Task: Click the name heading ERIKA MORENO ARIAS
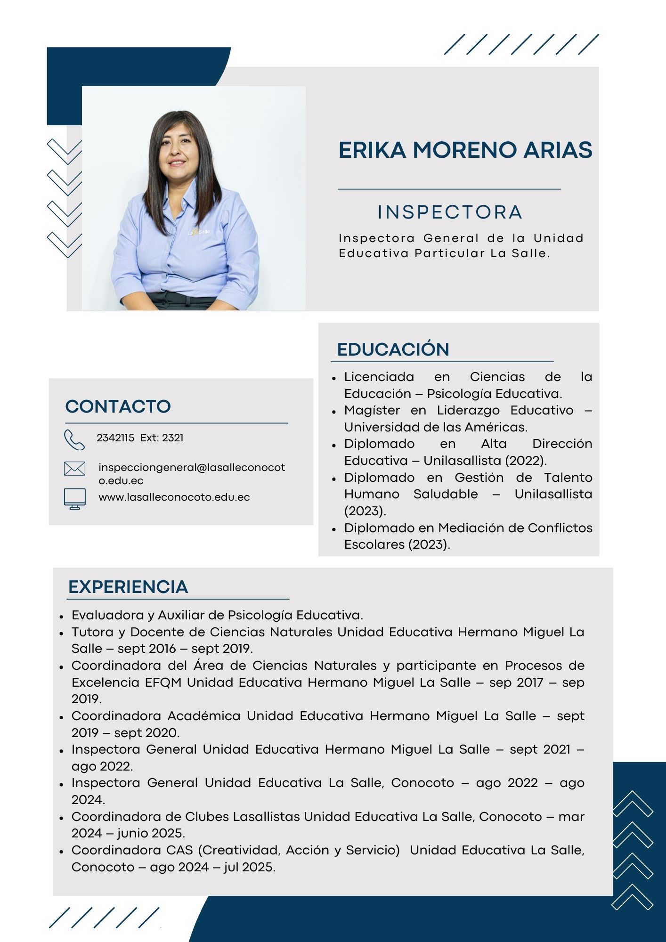tap(465, 150)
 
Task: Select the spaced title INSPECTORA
tap(450, 212)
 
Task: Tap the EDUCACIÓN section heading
tap(393, 349)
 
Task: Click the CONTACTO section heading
tap(118, 406)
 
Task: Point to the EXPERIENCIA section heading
tap(128, 587)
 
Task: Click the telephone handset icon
tap(74, 440)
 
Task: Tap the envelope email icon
tap(74, 469)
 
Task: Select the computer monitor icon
tap(74, 498)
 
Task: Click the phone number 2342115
tap(115, 438)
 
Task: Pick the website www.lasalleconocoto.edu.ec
tap(174, 497)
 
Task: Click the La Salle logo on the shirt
tap(199, 232)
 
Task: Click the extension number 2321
tap(172, 438)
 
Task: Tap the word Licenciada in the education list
tap(379, 377)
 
